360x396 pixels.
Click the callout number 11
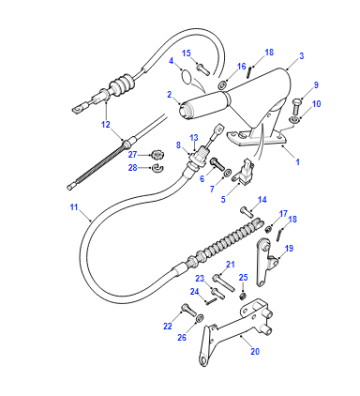[74, 207]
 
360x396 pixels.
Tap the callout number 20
[255, 351]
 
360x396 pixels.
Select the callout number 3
[301, 56]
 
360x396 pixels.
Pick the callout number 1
[297, 162]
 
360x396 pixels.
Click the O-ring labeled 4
[187, 76]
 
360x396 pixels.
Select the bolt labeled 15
[203, 69]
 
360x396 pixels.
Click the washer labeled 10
[294, 120]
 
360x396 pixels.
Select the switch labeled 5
[243, 171]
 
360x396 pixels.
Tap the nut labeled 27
[155, 154]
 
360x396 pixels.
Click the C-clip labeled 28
[156, 168]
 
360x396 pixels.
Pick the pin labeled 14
[246, 211]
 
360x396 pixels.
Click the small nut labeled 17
[268, 229]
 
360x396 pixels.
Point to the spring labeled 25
[244, 295]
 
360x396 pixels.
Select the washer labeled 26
[199, 318]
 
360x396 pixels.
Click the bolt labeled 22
[188, 310]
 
